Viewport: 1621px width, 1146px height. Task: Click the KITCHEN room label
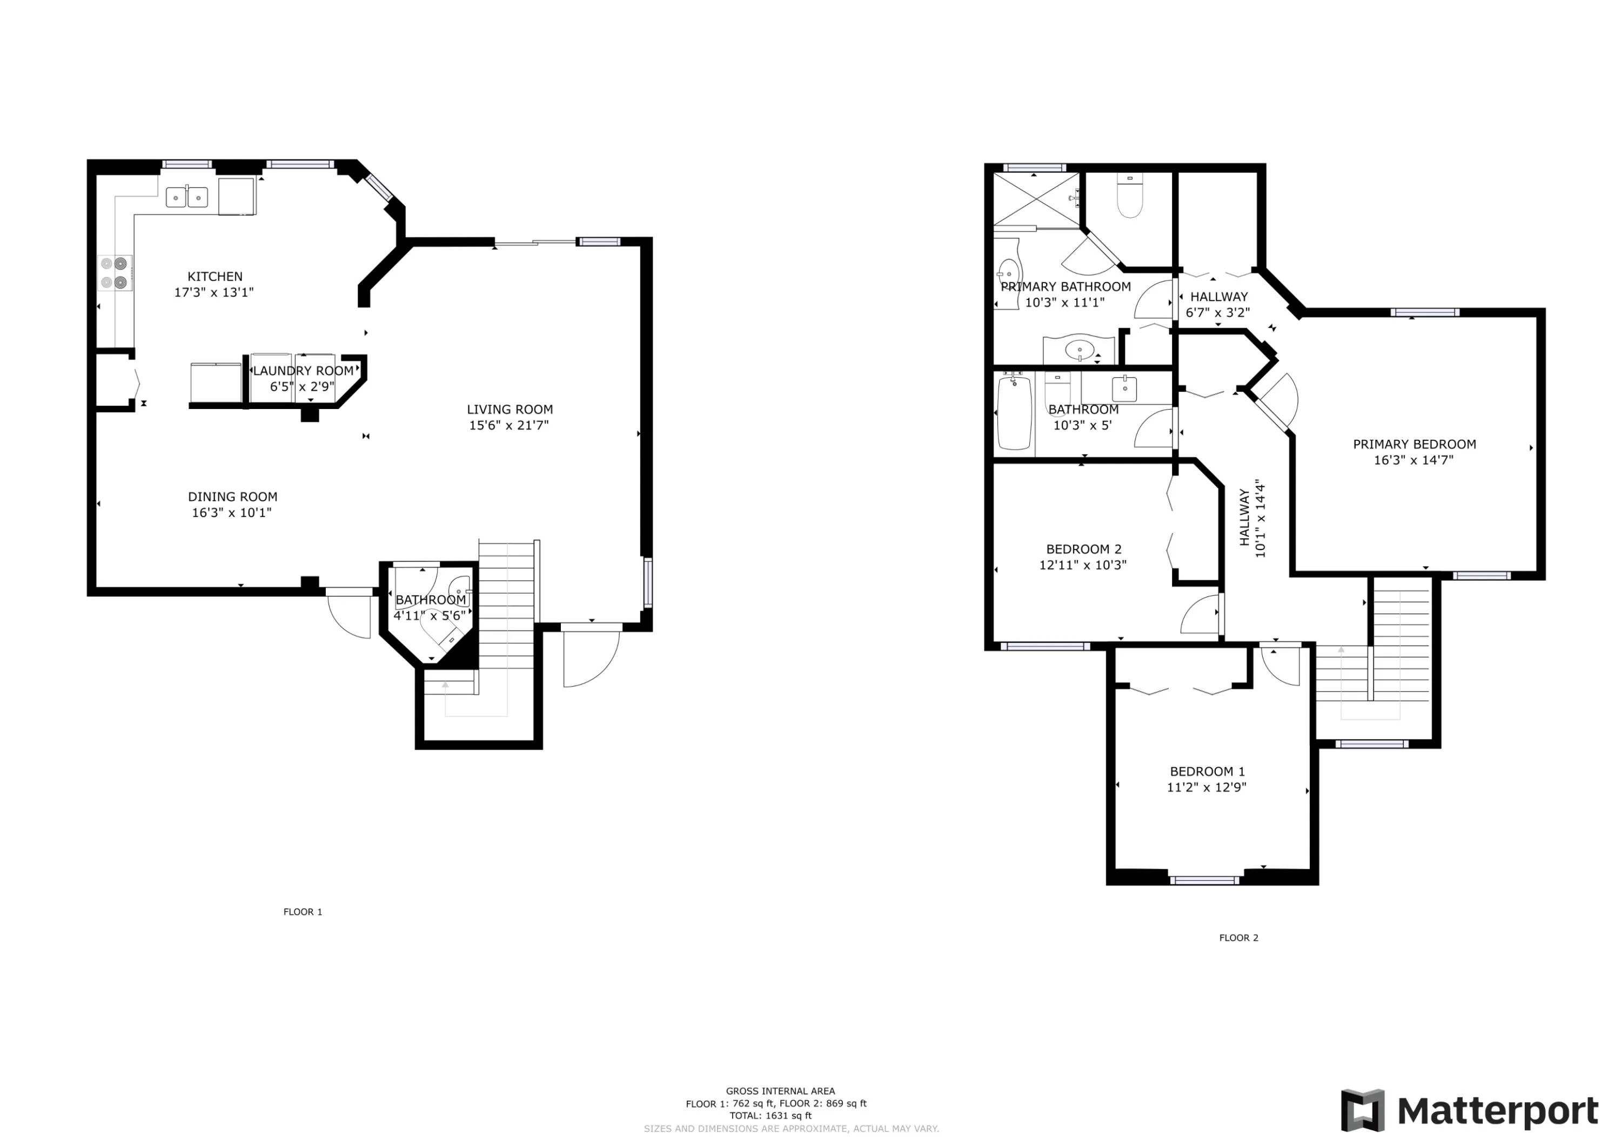tap(215, 277)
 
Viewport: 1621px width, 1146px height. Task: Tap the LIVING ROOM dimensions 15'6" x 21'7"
tap(509, 425)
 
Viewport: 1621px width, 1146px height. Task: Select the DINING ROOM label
tap(232, 497)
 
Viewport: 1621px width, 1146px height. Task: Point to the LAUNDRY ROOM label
tap(303, 371)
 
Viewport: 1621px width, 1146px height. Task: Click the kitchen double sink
tap(187, 197)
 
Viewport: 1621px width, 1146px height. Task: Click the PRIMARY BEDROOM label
tap(1414, 444)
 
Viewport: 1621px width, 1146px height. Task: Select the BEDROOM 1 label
tap(1207, 772)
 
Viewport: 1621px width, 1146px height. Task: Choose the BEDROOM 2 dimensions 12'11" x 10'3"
tap(1083, 565)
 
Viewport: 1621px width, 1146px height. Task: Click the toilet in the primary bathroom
tap(1130, 197)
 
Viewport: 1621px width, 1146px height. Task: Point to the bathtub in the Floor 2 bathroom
tap(1015, 413)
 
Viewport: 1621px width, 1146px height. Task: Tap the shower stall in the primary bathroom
tap(1036, 199)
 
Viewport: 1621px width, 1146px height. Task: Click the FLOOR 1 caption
tap(303, 912)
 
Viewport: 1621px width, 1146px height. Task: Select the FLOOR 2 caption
tap(1238, 937)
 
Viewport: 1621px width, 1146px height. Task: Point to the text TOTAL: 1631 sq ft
tap(771, 1116)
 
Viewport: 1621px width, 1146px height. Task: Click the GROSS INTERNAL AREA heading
tap(780, 1091)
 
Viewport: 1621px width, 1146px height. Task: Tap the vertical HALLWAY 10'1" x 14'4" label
tap(1252, 519)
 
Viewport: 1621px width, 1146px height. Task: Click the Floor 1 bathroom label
tap(431, 600)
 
